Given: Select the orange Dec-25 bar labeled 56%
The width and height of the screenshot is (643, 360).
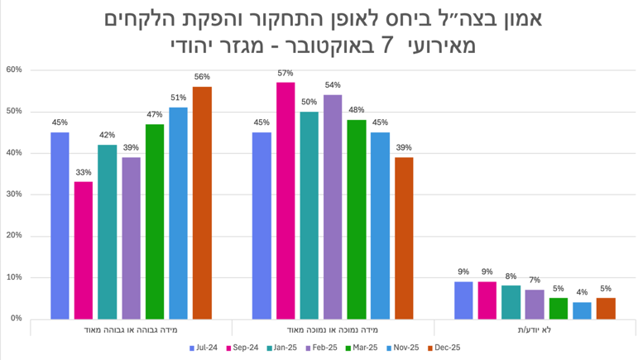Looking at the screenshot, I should [202, 203].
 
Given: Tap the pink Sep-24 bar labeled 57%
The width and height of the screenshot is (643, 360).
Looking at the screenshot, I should [286, 200].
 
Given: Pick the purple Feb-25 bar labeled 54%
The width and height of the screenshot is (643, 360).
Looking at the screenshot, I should [333, 207].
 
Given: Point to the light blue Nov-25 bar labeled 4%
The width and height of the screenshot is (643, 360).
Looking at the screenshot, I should [582, 310].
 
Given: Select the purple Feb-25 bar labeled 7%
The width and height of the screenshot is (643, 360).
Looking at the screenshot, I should [535, 304].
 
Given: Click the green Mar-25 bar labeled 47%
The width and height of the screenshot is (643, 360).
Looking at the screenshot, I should [155, 221].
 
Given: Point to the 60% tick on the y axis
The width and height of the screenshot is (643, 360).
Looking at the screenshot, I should [13, 70].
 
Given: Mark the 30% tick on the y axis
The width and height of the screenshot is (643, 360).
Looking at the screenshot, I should [13, 194].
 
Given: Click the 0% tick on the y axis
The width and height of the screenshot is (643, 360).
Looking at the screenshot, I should [16, 319].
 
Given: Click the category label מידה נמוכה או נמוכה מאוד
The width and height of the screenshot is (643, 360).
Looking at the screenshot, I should [333, 329].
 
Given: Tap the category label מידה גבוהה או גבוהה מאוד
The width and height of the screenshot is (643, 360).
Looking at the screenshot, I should [131, 329].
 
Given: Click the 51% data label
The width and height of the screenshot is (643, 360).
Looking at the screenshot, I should [178, 98].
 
